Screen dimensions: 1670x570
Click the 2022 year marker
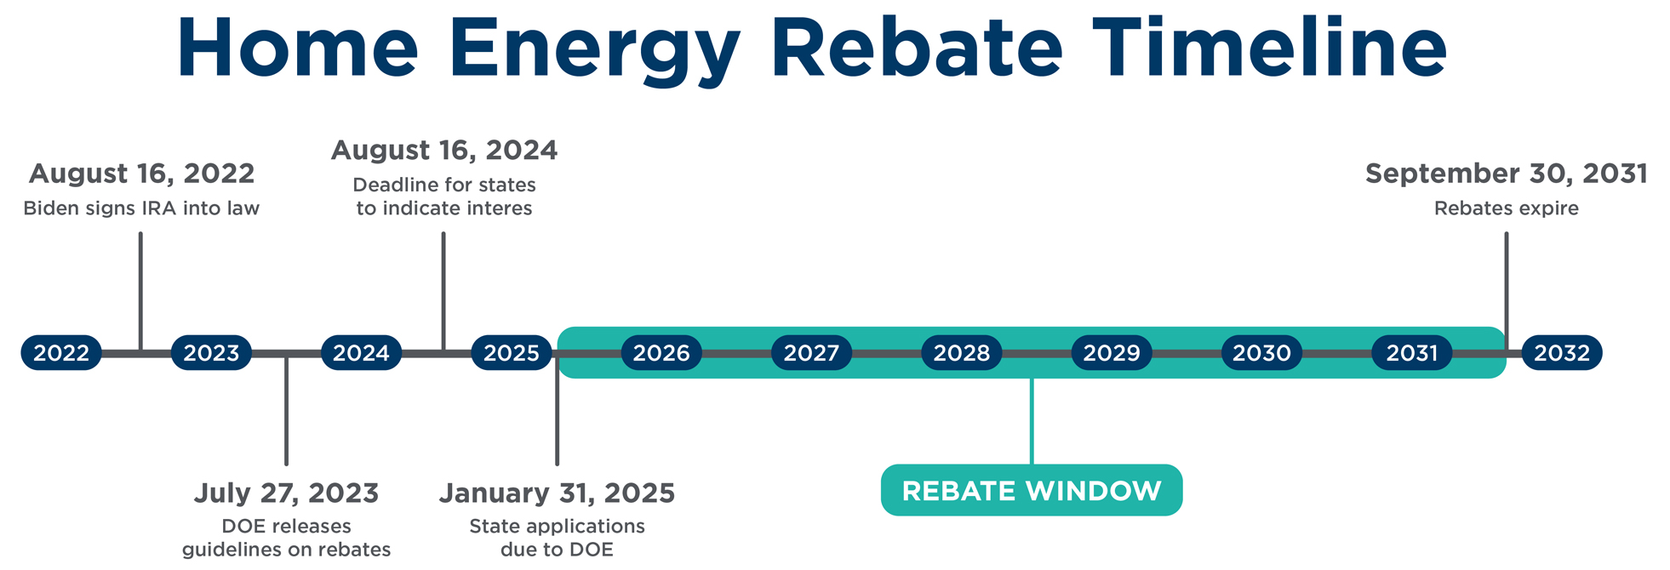click(x=61, y=352)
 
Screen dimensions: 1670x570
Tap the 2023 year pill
click(x=211, y=352)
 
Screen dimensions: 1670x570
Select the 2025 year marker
click(x=512, y=352)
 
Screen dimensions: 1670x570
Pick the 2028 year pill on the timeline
click(x=962, y=352)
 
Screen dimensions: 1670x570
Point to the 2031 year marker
click(x=1412, y=352)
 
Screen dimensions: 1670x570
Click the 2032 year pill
click(x=1562, y=352)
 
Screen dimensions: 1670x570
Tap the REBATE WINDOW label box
click(x=1032, y=490)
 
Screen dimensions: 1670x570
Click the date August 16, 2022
click(x=141, y=174)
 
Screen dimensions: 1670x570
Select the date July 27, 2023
click(x=286, y=493)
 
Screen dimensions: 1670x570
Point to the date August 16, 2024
click(x=444, y=151)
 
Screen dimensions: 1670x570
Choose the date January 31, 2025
click(x=557, y=493)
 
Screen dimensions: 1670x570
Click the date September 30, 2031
click(x=1507, y=174)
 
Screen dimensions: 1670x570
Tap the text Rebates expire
click(x=1507, y=208)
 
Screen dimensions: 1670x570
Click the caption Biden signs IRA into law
click(x=141, y=208)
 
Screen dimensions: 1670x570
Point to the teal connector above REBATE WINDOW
click(x=1032, y=421)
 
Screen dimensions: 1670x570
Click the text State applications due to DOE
click(x=557, y=538)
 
